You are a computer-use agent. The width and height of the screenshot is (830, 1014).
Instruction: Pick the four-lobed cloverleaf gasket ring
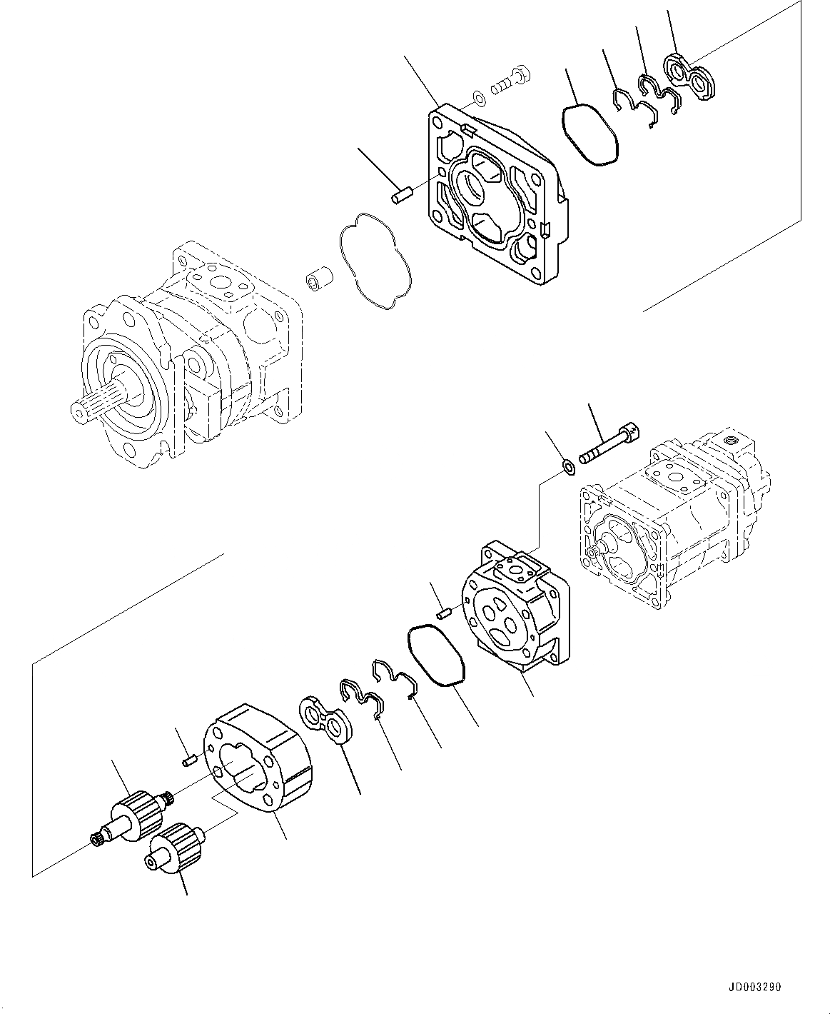click(x=376, y=260)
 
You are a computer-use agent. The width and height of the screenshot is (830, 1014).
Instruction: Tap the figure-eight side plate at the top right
click(x=689, y=76)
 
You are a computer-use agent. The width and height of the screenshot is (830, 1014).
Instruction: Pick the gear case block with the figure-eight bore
click(x=260, y=756)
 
